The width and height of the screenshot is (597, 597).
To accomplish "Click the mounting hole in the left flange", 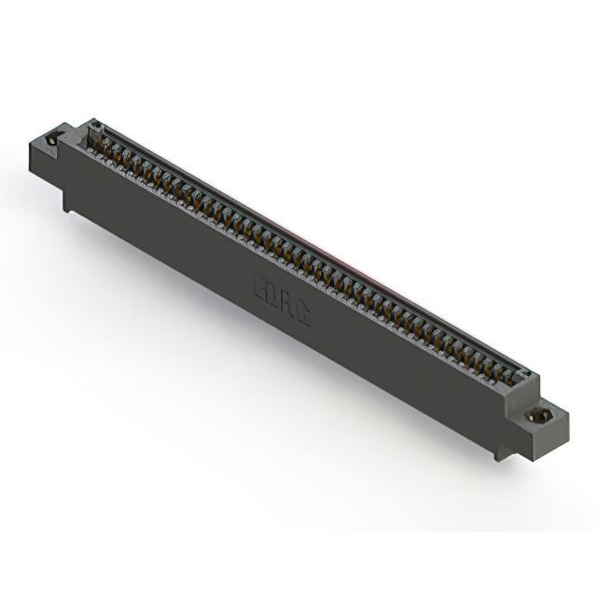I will click(x=52, y=139).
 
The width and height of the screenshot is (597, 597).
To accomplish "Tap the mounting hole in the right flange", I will click(x=539, y=416).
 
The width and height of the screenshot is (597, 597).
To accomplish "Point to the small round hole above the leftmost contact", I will click(x=94, y=127).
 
